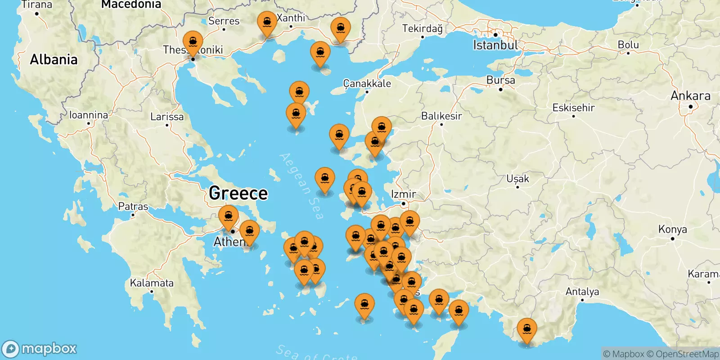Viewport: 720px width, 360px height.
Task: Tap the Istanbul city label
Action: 495,45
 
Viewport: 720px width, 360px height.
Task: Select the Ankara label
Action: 690,96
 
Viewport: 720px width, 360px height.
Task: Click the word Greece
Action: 238,193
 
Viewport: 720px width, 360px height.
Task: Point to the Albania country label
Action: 54,59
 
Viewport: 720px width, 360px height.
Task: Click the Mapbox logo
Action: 40,349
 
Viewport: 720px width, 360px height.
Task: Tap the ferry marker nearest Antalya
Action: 526,329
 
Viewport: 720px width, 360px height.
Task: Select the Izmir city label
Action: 403,194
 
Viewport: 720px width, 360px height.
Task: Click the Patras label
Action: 133,207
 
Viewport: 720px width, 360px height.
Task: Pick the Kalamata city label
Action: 152,283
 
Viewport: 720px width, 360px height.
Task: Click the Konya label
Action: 672,229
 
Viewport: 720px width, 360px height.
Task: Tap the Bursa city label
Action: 500,80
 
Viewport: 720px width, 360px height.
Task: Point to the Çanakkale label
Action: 367,83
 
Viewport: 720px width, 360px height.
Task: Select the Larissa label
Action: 167,117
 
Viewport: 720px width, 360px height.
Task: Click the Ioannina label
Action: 88,115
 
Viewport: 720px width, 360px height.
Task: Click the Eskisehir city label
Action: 573,108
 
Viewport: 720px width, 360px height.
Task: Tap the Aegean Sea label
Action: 301,186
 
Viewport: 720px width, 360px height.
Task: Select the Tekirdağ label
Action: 422,29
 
